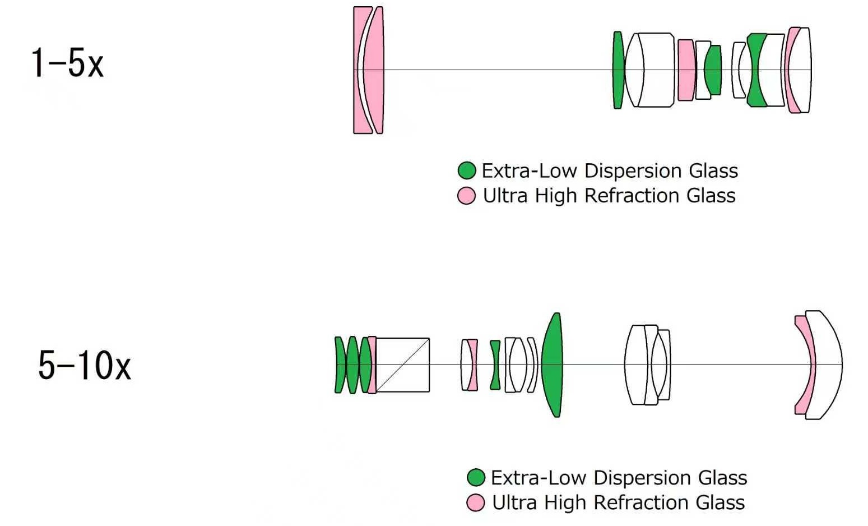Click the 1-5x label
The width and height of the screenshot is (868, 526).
(x=67, y=63)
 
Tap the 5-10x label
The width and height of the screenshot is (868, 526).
(x=85, y=365)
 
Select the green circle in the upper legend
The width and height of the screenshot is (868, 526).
(x=467, y=170)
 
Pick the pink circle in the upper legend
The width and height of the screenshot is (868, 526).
(x=467, y=196)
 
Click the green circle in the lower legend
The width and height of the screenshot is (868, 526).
(x=476, y=478)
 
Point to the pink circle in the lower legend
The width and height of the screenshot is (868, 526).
(x=476, y=502)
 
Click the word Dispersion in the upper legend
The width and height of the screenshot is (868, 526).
(x=633, y=171)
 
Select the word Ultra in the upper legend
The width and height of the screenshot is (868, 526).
(x=505, y=196)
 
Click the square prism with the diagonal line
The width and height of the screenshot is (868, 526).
(x=402, y=365)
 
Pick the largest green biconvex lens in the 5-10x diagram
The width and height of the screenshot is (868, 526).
(x=552, y=365)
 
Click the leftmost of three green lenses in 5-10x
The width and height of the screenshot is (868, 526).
(x=340, y=365)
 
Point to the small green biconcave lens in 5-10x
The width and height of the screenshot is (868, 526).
(x=495, y=365)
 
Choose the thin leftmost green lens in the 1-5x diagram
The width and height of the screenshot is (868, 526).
(x=618, y=70)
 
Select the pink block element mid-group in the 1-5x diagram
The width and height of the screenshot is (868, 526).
(x=686, y=70)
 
